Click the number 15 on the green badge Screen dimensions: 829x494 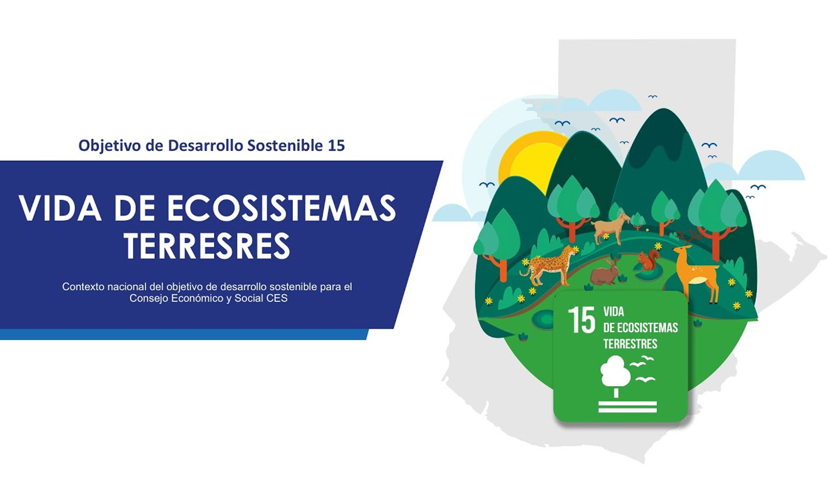coord(581,320)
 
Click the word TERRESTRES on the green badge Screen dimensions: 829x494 coord(630,343)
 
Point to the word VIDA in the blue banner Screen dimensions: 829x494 coord(60,208)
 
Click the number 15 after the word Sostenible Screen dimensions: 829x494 coord(336,145)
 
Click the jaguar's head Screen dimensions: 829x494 coord(570,251)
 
